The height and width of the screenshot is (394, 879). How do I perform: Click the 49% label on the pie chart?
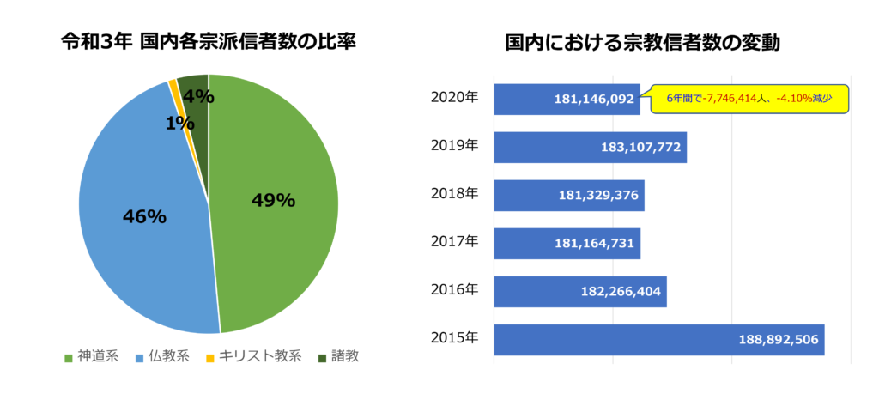pyautogui.click(x=273, y=201)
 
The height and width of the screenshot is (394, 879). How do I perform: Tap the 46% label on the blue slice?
pyautogui.click(x=143, y=217)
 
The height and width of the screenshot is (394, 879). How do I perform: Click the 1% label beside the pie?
pyautogui.click(x=179, y=122)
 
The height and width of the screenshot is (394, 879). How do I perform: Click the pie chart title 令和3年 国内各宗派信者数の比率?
pyautogui.click(x=209, y=41)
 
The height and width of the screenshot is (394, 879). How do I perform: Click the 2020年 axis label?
pyautogui.click(x=454, y=97)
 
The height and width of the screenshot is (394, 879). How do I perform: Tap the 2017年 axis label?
pyautogui.click(x=454, y=241)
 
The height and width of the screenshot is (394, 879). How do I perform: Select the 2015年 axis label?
pyautogui.click(x=454, y=337)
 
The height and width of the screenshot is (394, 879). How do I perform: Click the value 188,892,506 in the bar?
pyautogui.click(x=778, y=339)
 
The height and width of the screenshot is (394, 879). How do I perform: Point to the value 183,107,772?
pyautogui.click(x=641, y=148)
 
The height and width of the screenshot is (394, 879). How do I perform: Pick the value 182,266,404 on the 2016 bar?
pyautogui.click(x=621, y=292)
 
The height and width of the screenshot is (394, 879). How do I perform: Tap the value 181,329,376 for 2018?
pyautogui.click(x=598, y=196)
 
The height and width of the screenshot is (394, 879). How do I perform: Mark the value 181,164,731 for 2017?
pyautogui.click(x=595, y=244)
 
